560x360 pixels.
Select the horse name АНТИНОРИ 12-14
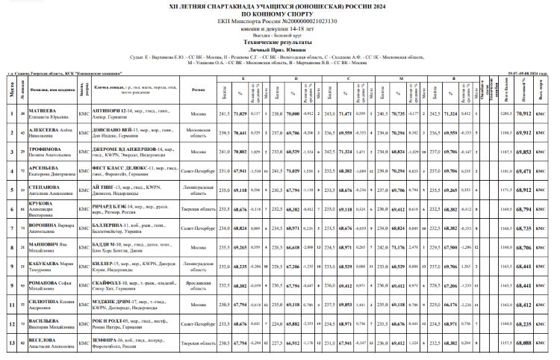pyautogui.click(x=114, y=110)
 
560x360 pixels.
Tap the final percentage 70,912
pyautogui.click(x=525, y=113)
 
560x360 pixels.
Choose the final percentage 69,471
pyautogui.click(x=525, y=171)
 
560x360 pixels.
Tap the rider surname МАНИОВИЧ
pyautogui.click(x=45, y=246)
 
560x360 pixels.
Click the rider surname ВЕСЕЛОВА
pyautogui.click(x=44, y=340)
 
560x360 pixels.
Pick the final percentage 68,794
pyautogui.click(x=525, y=210)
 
